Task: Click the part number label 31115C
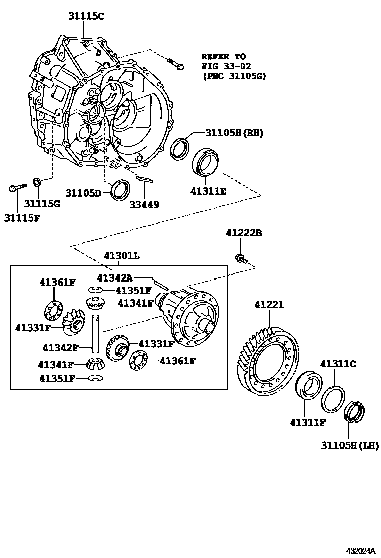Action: (x=86, y=16)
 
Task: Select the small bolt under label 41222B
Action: (x=240, y=259)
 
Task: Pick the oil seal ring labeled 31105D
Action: (x=121, y=190)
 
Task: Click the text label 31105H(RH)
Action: (x=234, y=133)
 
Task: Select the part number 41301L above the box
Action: (x=122, y=256)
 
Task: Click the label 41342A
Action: (x=115, y=277)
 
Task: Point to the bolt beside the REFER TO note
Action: (x=176, y=64)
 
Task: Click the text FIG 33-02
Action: (x=226, y=66)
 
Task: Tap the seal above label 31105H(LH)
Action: (x=354, y=411)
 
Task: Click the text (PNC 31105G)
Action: (x=233, y=76)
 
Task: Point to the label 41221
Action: (x=269, y=304)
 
